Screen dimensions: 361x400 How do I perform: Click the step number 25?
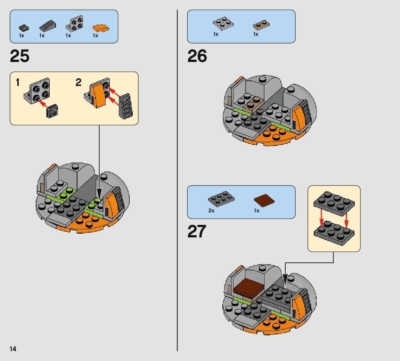(20, 56)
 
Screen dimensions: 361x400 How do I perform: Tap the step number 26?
(197, 56)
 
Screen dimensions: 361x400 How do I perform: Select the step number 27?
(197, 231)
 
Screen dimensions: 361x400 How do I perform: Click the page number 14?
(13, 349)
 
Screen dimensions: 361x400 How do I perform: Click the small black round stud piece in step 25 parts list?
(24, 28)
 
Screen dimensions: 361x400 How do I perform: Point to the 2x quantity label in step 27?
(211, 211)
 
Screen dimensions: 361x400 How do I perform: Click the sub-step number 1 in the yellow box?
(18, 83)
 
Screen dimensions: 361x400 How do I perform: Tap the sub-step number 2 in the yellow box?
(79, 83)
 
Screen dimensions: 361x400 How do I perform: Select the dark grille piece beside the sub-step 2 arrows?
(126, 105)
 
